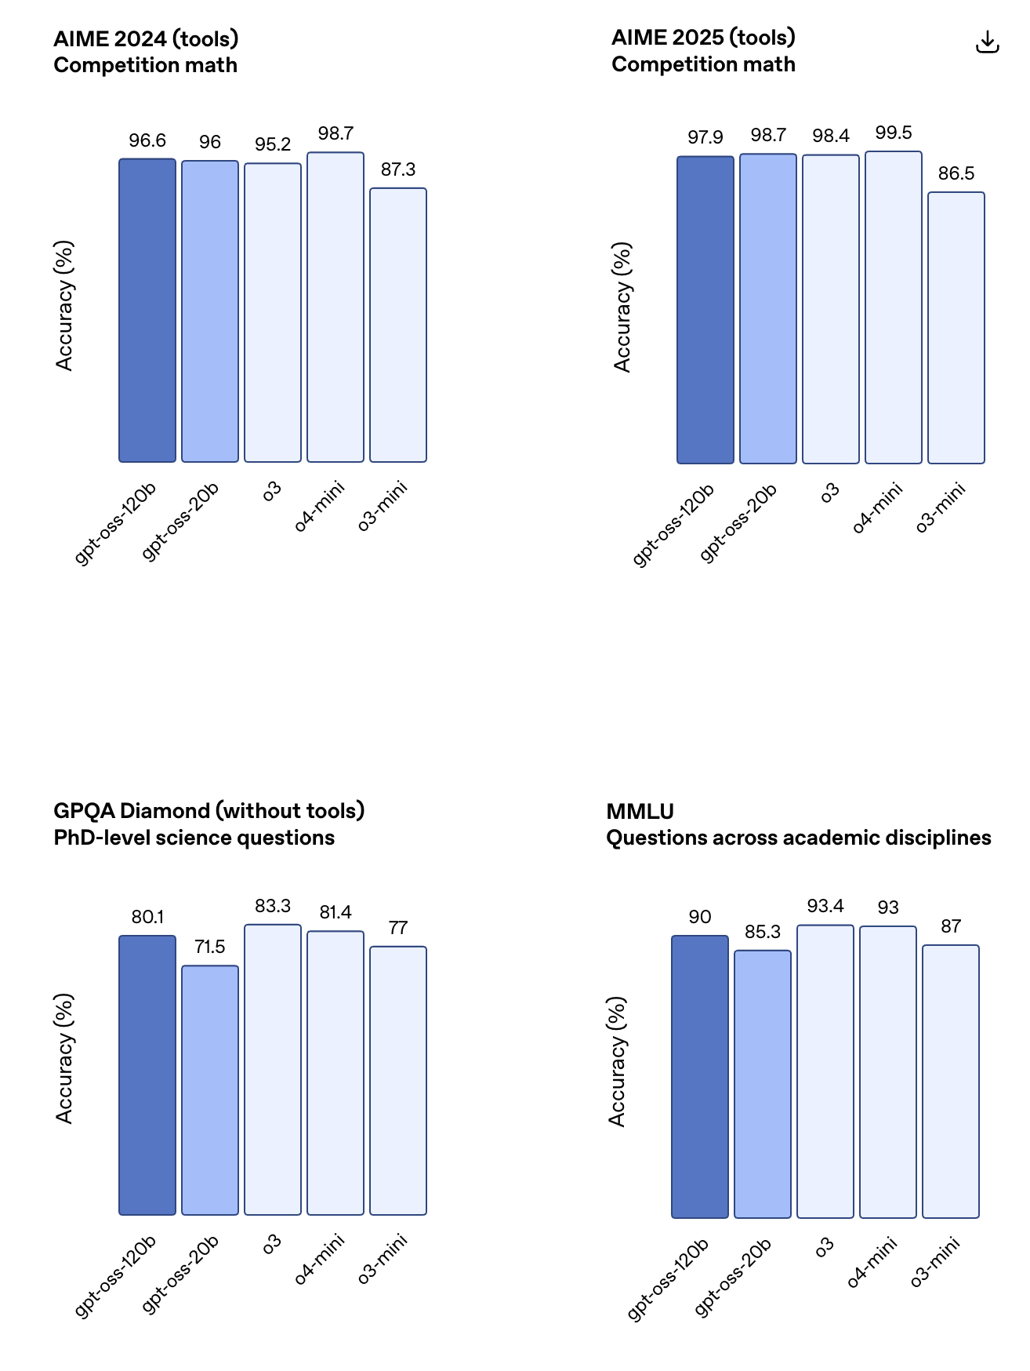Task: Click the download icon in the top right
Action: click(x=987, y=42)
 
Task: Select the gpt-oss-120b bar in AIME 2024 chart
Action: click(x=147, y=310)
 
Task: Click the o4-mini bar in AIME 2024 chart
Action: click(x=335, y=307)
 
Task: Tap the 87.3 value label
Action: click(x=398, y=169)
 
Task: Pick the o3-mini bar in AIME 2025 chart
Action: click(x=956, y=328)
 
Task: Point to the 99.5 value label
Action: click(x=894, y=133)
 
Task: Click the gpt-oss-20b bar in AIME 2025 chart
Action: click(x=768, y=308)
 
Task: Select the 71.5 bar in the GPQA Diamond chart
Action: click(x=210, y=1089)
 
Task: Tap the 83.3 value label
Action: click(x=273, y=906)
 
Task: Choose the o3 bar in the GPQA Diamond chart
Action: click(x=273, y=1069)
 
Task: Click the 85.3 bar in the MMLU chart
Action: click(x=763, y=1084)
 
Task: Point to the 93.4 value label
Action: click(x=825, y=906)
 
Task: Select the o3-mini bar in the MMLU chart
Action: click(x=951, y=1081)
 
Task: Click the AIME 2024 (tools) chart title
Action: click(x=146, y=38)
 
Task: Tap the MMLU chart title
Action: click(x=640, y=811)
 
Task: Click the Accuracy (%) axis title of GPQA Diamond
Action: click(x=64, y=1058)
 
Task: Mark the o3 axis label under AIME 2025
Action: click(x=830, y=492)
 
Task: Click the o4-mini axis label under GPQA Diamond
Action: click(x=320, y=1259)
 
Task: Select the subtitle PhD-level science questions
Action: click(x=194, y=838)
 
